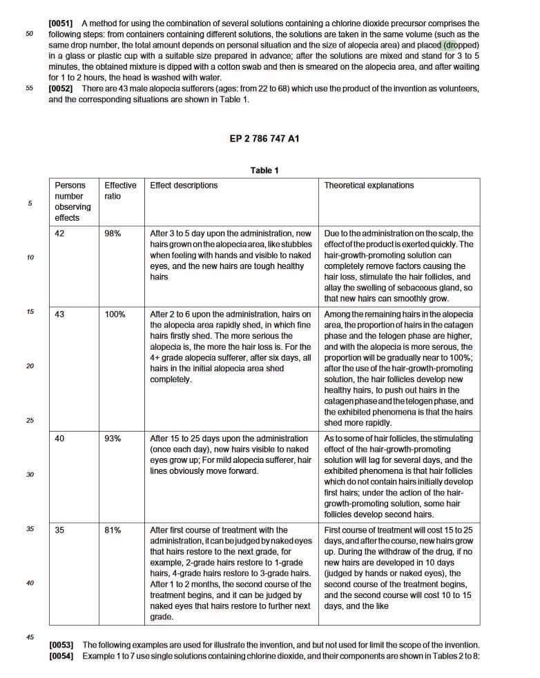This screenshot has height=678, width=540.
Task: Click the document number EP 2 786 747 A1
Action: click(x=264, y=138)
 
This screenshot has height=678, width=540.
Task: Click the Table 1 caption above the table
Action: click(x=264, y=170)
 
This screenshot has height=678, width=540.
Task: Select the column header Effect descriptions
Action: click(x=184, y=186)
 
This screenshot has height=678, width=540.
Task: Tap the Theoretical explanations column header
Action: click(x=369, y=186)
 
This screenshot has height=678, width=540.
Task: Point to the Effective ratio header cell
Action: click(x=120, y=190)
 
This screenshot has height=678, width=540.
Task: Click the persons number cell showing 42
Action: click(x=59, y=233)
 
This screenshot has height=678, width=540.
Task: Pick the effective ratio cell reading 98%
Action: click(x=113, y=233)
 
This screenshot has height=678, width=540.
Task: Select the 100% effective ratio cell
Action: click(x=115, y=315)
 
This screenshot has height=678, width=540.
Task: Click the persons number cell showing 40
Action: click(x=59, y=438)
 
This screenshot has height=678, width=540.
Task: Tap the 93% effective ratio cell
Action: click(x=113, y=438)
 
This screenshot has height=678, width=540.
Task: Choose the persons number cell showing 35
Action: click(x=59, y=530)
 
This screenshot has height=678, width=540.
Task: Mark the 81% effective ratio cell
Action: click(x=113, y=530)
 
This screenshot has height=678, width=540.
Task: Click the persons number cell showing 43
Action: click(x=59, y=315)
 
